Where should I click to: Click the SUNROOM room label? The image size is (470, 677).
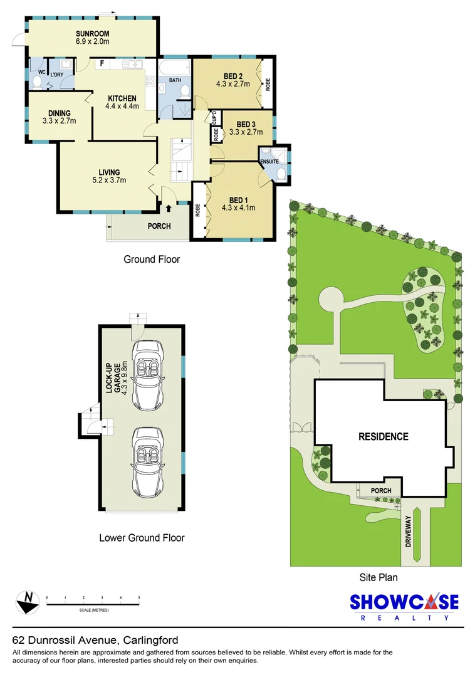(92, 34)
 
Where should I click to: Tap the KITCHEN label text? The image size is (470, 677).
(122, 98)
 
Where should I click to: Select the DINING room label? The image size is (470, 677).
(59, 113)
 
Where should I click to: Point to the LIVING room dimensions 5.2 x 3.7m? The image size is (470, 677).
(109, 180)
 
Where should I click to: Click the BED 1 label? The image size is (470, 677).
(238, 201)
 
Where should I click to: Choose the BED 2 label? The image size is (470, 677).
(233, 76)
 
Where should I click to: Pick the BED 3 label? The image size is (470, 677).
(246, 124)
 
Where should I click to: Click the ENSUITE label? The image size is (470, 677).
(269, 162)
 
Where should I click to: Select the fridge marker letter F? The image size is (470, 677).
(102, 63)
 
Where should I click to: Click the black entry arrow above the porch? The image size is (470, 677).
(169, 209)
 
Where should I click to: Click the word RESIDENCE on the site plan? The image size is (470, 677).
(384, 436)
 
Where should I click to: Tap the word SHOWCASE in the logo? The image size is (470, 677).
(404, 602)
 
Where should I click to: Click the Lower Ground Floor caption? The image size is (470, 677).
(142, 538)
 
